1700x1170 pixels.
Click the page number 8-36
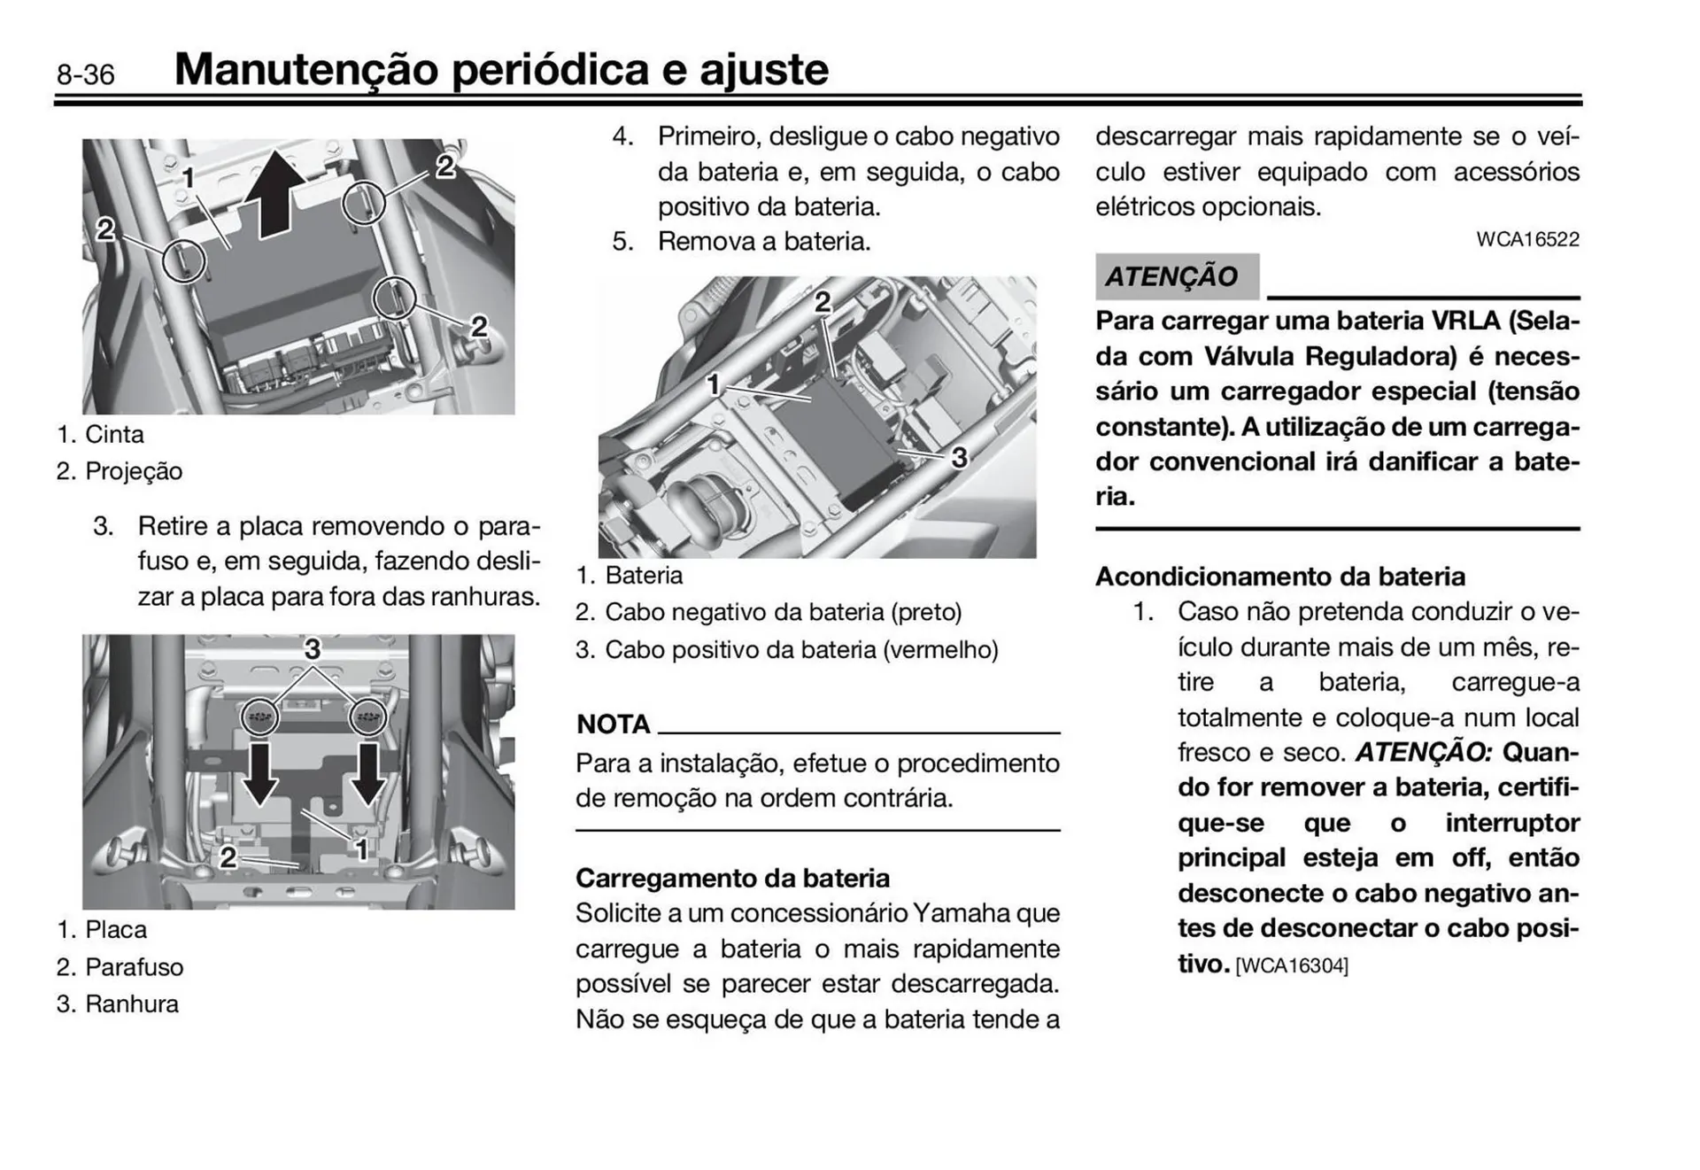tap(86, 74)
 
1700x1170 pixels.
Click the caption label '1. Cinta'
tap(100, 435)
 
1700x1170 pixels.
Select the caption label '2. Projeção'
tap(119, 471)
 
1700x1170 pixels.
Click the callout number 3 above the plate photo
tap(312, 649)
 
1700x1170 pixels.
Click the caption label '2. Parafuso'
tap(120, 967)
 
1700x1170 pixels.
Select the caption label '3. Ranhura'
tap(117, 1004)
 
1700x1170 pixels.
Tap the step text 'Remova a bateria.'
tap(763, 242)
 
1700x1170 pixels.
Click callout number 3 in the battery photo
tap(959, 458)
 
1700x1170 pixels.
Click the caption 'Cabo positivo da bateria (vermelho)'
tap(800, 650)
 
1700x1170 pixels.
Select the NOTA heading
tap(613, 724)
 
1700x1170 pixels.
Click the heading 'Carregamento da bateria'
tap(732, 879)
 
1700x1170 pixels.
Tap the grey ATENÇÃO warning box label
tap(1172, 276)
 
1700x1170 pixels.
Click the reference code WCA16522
tap(1527, 240)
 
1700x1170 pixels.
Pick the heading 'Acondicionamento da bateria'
tap(1279, 577)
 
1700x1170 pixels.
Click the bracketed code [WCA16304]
tap(1291, 966)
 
